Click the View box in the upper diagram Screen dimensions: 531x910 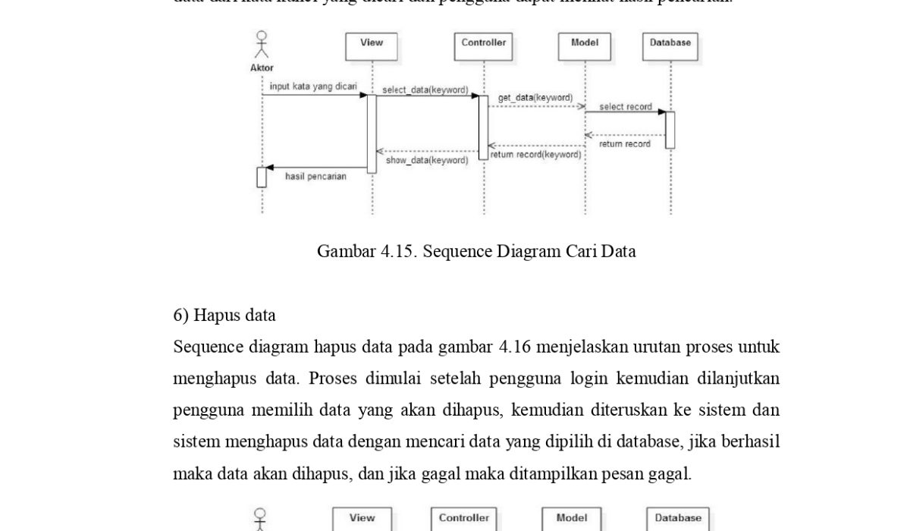[372, 46]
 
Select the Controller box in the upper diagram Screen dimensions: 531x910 [484, 46]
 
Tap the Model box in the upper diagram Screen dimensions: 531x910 [585, 46]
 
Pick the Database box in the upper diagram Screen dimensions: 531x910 [670, 46]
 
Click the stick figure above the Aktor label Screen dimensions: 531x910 [262, 44]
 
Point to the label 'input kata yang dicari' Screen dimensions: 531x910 [313, 86]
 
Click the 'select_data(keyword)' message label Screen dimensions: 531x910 [425, 90]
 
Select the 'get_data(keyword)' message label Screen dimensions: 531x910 [535, 98]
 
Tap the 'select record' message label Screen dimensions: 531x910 [626, 107]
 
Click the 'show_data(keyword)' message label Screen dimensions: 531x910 [427, 160]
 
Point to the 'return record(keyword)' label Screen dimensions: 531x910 [535, 155]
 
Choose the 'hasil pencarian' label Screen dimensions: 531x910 [315, 177]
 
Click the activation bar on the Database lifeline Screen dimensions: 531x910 [670, 130]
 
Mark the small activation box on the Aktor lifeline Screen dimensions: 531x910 [262, 177]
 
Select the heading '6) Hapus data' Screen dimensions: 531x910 [224, 315]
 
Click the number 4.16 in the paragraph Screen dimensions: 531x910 [517, 347]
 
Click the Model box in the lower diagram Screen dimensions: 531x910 [572, 518]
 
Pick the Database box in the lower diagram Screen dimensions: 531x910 [678, 518]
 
